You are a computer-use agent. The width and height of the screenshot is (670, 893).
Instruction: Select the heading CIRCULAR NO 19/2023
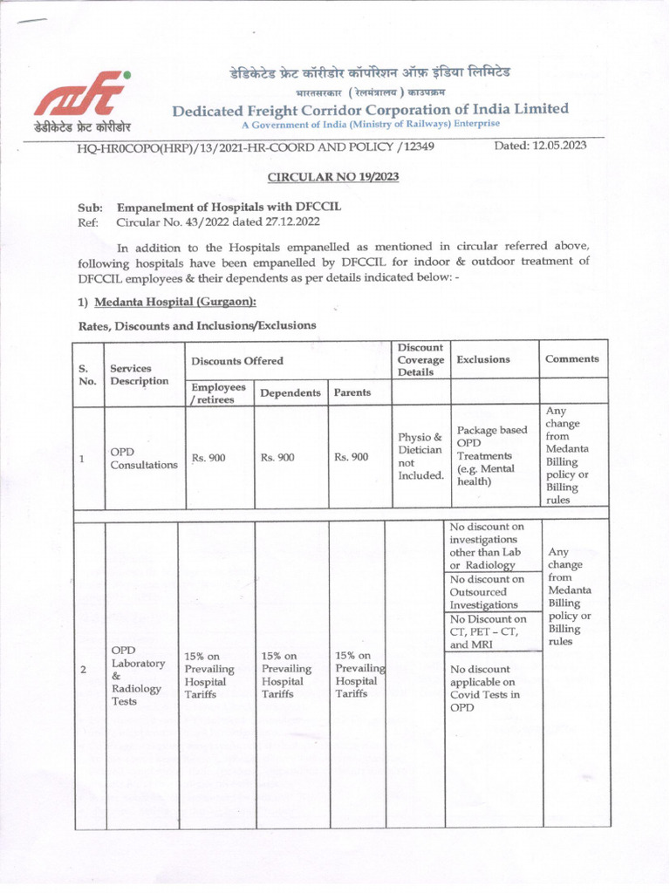(x=333, y=177)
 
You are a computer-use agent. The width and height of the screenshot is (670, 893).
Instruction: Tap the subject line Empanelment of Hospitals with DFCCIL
(x=229, y=208)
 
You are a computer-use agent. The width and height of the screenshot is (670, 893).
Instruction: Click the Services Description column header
(x=131, y=374)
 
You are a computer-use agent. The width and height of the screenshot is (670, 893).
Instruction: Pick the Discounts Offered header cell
(x=236, y=360)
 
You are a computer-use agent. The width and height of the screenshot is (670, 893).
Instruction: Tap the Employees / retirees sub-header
(x=218, y=392)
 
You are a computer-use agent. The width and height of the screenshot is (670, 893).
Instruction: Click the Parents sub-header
(x=352, y=392)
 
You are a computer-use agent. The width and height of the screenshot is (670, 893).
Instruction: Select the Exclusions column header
(x=483, y=358)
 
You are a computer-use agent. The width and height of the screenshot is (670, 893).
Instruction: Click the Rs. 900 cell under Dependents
(x=279, y=457)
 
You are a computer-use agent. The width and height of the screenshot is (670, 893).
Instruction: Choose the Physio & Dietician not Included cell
(x=420, y=457)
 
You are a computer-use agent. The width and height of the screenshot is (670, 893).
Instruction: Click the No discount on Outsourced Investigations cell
(x=487, y=591)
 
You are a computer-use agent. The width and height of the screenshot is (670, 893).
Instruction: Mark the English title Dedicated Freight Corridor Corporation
(x=370, y=109)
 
